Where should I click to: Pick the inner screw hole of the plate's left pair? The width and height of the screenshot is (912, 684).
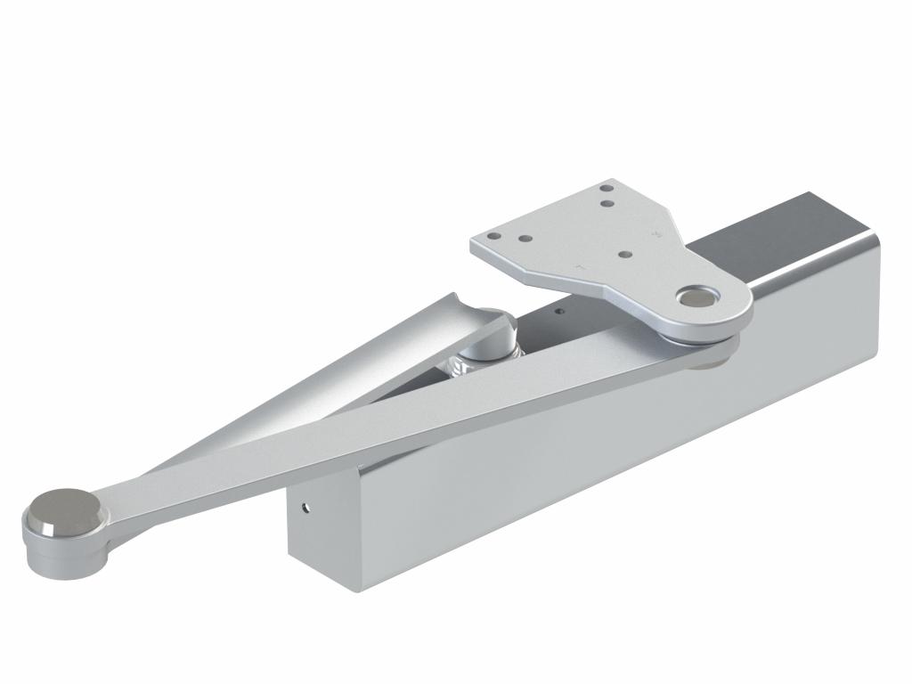[525, 240]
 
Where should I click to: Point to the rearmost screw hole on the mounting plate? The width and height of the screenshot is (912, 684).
[606, 188]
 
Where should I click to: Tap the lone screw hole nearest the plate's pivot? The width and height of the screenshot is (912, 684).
[626, 253]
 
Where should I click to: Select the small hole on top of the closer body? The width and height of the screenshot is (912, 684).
[558, 312]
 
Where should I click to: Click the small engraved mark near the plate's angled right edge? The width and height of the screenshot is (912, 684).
[657, 234]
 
